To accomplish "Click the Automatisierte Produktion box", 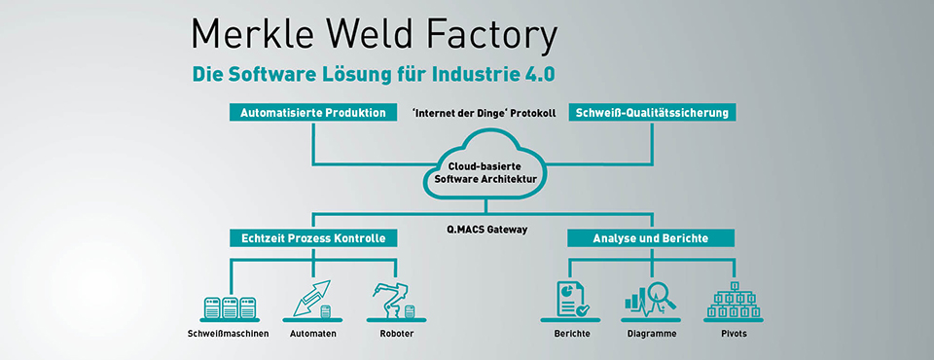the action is [x=312, y=112].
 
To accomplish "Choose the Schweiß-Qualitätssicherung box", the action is [x=652, y=112].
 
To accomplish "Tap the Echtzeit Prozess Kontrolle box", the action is [x=312, y=238].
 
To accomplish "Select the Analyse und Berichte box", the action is [x=651, y=238].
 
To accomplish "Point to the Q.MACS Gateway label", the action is [x=486, y=229].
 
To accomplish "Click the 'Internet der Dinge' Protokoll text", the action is [x=484, y=113].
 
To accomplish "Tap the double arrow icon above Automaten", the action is [x=312, y=300].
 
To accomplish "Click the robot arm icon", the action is [x=394, y=302].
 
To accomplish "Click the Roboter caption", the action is [x=397, y=334].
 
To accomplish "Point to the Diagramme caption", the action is [x=652, y=334].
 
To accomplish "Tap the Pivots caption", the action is [x=734, y=334].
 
